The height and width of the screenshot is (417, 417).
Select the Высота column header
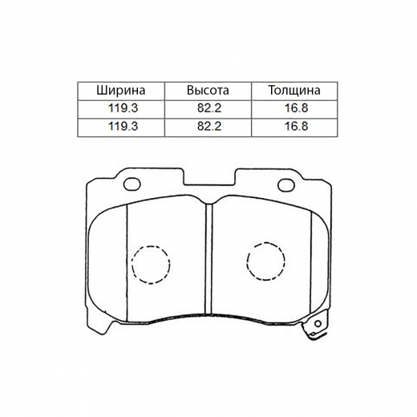point(208,91)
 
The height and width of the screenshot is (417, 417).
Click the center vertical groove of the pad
point(208,257)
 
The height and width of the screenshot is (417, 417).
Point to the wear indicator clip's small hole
point(319,326)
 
